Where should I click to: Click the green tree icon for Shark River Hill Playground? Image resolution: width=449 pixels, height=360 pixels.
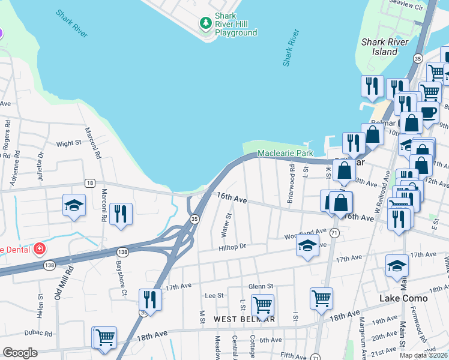pos(206,23)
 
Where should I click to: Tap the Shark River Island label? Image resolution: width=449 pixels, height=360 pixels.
pos(385,47)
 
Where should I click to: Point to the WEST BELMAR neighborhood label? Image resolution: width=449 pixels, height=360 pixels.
pos(244,319)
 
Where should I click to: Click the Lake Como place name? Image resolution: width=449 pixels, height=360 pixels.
pos(403,298)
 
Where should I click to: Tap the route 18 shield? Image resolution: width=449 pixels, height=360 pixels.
pos(89,183)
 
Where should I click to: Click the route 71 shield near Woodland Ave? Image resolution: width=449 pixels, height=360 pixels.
pos(334,232)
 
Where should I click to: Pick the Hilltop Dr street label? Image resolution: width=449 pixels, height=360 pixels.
pos(233,247)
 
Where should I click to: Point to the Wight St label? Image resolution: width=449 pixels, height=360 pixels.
pos(68,143)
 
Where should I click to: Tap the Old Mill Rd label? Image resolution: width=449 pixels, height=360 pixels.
pos(59,284)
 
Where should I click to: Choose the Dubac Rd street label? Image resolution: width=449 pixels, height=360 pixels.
pos(38,333)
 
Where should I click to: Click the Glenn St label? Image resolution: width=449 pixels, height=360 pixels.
pos(261,286)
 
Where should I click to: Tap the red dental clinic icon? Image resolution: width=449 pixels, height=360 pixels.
pos(39,248)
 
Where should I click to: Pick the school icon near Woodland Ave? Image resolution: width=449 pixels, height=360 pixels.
pos(307,245)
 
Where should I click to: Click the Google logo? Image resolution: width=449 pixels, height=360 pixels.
pos(20,353)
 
